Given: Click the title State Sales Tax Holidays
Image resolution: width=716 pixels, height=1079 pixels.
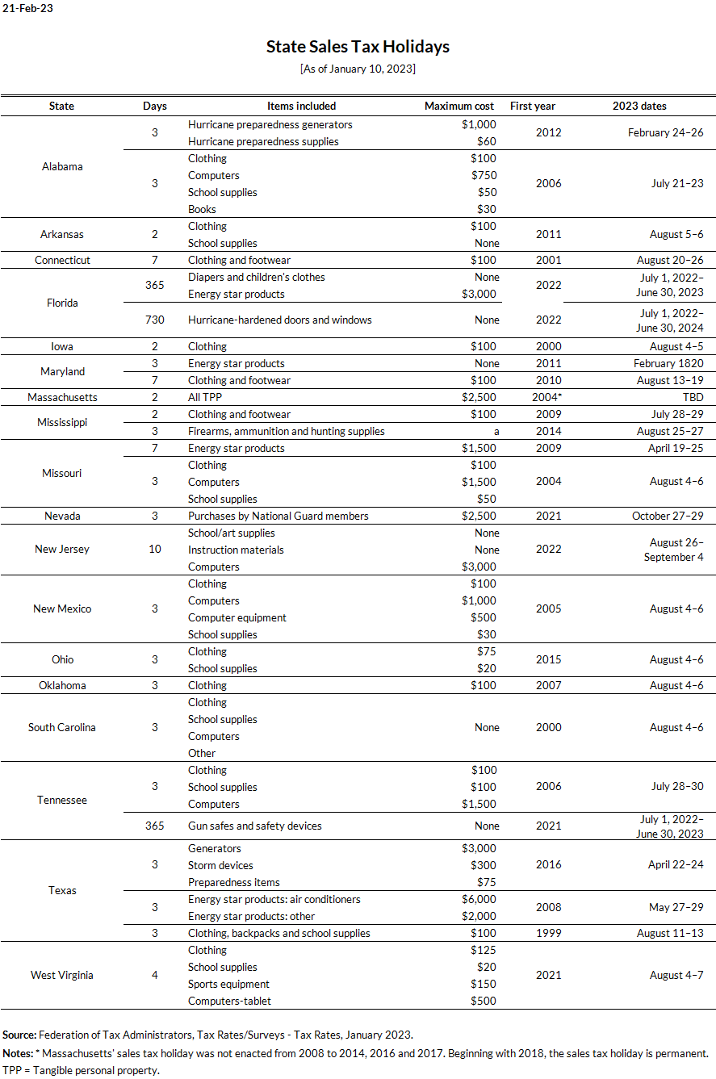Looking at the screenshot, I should pos(358,47).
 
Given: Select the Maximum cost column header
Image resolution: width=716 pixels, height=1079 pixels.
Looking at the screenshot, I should pos(459,106).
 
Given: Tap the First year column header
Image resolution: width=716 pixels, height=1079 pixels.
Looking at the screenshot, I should pos(533,106).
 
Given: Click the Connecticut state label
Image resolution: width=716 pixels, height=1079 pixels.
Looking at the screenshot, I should pos(62,260).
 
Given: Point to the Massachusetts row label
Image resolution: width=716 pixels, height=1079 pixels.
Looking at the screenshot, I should pos(62,397).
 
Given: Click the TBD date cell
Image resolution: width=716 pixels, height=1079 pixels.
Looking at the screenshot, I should pos(693,397).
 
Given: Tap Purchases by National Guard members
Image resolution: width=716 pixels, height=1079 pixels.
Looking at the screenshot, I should pos(278,516).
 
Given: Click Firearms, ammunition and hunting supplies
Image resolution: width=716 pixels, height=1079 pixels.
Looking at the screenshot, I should pos(286,431).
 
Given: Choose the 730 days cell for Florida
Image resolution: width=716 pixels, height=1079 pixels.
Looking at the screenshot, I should pos(155,320).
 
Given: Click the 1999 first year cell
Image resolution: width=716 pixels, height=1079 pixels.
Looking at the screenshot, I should pos(548,933).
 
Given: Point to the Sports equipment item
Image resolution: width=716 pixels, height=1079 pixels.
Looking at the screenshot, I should pos(228,984).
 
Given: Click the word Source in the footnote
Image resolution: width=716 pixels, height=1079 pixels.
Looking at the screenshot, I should pos(19,1034).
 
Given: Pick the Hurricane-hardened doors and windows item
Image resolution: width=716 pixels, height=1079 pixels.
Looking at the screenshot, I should pos(279,320).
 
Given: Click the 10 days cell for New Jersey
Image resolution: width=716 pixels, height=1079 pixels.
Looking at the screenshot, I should pos(155,549).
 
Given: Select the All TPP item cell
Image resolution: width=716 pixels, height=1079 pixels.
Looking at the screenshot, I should pos(206,397).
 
